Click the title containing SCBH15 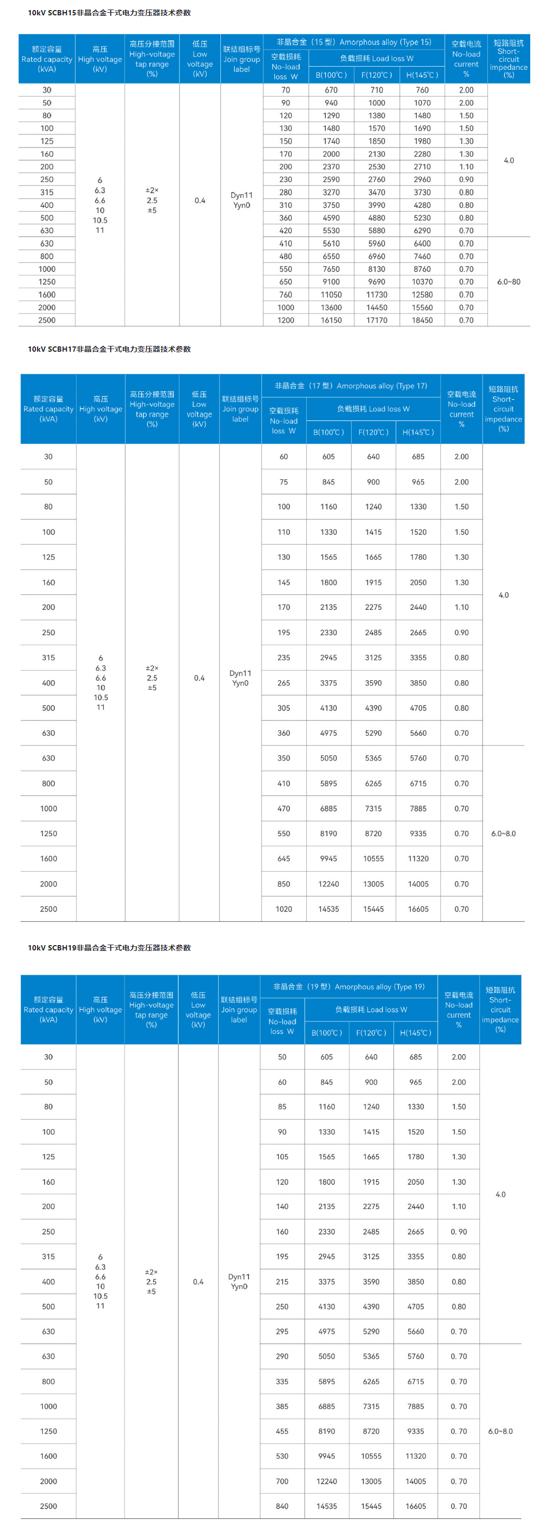coord(110,13)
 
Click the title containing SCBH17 coord(110,349)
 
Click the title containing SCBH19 coord(110,948)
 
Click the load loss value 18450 coord(422,320)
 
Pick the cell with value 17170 coord(377,320)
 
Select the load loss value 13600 coord(331,307)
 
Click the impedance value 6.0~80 coord(509,282)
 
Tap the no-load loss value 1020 coord(284,909)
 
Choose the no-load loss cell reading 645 coord(284,858)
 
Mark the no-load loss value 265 coord(284,683)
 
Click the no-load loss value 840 coord(282,1506)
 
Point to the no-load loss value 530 coord(282,1456)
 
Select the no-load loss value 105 coord(282,1157)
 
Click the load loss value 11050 coord(331,295)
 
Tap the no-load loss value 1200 coord(286,320)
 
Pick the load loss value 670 coord(331,90)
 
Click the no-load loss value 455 coord(282,1431)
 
